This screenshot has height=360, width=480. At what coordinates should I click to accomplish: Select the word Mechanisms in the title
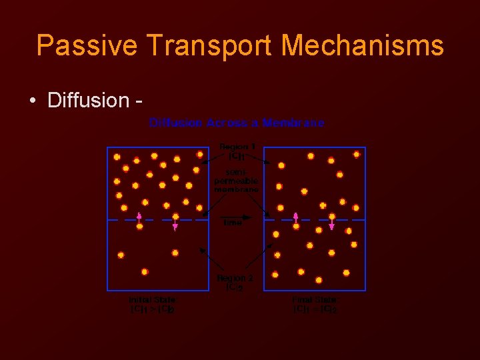[x=362, y=45]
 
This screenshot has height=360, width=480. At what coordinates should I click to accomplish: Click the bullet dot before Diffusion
[x=33, y=101]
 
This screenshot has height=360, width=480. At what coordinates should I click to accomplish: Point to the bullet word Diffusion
[x=89, y=101]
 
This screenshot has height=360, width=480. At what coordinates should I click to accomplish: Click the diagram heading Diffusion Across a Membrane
[x=237, y=123]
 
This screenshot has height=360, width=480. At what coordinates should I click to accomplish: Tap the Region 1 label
[x=237, y=151]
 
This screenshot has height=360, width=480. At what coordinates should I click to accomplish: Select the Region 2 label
[x=235, y=282]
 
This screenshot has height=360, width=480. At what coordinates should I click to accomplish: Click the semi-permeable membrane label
[x=236, y=181]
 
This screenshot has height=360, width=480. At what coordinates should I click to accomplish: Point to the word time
[x=233, y=223]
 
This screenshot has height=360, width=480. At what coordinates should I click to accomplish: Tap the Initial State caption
[x=153, y=304]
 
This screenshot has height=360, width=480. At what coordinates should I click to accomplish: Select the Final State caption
[x=315, y=304]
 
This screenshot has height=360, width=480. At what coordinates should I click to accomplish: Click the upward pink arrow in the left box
[x=139, y=215]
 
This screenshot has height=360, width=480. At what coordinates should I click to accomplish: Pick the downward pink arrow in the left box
[x=175, y=225]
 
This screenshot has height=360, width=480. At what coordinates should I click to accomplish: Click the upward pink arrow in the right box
[x=296, y=216]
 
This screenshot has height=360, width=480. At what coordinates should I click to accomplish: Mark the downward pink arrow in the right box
[x=332, y=224]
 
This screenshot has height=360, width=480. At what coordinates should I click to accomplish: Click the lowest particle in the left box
[x=145, y=272]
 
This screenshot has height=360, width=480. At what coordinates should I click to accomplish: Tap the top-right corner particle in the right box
[x=357, y=154]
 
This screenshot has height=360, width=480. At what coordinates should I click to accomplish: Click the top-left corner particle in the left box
[x=117, y=157]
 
